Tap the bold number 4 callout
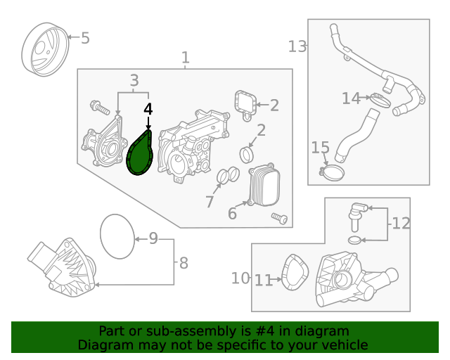coord(148,110)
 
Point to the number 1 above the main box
coord(185,57)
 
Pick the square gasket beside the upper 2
coord(245,105)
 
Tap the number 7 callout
coord(210,202)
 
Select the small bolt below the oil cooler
coord(280,219)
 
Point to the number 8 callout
coord(184,264)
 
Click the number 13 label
coord(297,46)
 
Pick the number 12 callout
coord(401,224)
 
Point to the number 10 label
coord(240,278)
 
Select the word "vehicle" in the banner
coord(345,345)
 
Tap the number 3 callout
coord(134,80)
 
